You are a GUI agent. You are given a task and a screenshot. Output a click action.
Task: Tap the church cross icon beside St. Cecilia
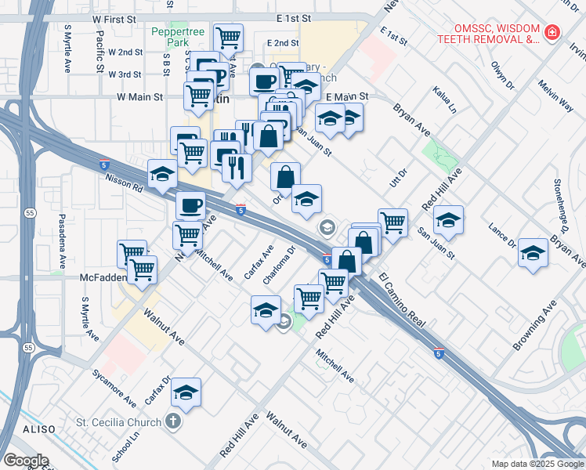click(173, 422)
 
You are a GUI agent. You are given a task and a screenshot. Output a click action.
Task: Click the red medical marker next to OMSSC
click(553, 32)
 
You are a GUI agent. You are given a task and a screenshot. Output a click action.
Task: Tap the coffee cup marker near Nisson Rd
click(190, 206)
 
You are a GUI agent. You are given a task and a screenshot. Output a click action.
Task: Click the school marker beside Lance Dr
click(533, 253)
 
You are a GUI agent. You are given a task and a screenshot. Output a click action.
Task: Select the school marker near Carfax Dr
click(186, 392)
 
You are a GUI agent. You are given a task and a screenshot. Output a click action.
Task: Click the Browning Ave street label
click(535, 324)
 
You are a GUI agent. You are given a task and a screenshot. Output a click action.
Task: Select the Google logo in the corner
click(26, 460)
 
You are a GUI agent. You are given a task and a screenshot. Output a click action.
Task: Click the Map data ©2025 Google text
click(537, 464)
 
